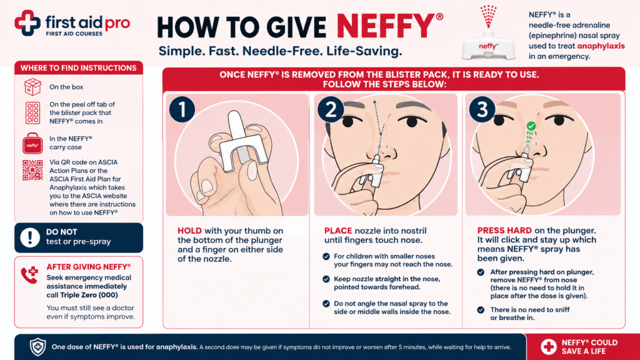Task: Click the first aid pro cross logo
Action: tap(27, 23)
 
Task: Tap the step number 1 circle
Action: tap(182, 109)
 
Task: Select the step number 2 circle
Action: tap(331, 109)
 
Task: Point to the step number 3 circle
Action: tap(482, 109)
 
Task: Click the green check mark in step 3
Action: tap(531, 126)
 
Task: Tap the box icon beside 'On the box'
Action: tap(32, 87)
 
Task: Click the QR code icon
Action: tap(32, 170)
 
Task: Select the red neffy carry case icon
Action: tap(32, 143)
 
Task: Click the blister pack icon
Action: tap(32, 112)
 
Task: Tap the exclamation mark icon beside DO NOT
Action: tap(30, 237)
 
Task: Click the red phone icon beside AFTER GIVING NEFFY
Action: tap(29, 275)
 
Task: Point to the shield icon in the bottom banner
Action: tap(38, 347)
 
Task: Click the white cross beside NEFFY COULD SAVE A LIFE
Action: tap(549, 347)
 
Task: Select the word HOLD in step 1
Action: tap(190, 231)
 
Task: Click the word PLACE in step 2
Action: tap(338, 231)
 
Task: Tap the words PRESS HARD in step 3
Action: tap(504, 231)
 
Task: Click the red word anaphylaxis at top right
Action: tap(601, 46)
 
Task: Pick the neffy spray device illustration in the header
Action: tap(488, 34)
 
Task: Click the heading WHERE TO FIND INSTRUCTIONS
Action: tap(78, 68)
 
